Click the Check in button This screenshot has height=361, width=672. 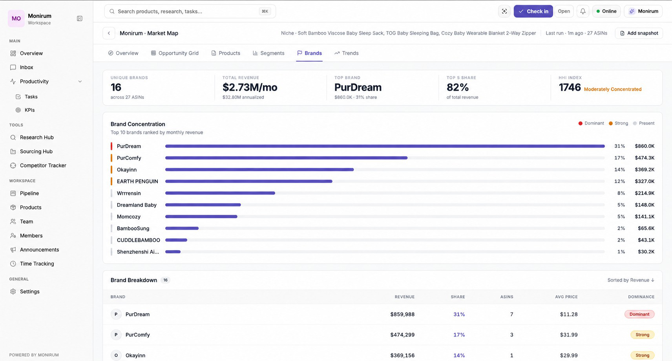coord(533,11)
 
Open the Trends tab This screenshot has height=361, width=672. coord(347,53)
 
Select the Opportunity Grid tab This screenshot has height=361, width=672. coord(175,53)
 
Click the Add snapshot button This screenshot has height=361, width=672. coord(639,33)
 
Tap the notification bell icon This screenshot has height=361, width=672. coord(583,11)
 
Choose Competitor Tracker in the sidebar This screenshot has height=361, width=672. coord(43,165)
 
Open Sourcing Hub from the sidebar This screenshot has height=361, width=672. coord(36,151)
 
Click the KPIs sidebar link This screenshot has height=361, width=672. coord(29,110)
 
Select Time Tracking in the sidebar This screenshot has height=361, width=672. coord(37,264)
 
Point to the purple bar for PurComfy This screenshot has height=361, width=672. coord(286,158)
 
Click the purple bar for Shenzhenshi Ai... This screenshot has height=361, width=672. coord(173,252)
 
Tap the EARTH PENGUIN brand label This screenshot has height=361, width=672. coord(137,181)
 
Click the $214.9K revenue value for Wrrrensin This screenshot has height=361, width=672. coord(645,193)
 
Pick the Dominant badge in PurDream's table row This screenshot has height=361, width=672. coord(639,314)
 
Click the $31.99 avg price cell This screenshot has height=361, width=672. coord(568,335)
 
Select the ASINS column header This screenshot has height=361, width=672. coord(507,297)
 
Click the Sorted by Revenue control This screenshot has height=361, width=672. coord(631,280)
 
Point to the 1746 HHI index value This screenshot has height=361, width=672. coord(570,87)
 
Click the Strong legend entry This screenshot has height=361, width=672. coord(618,123)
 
